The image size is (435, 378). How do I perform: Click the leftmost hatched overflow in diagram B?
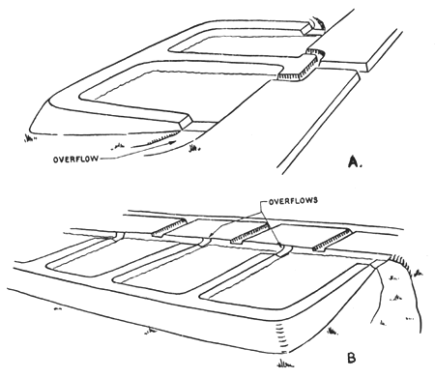(173, 229)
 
